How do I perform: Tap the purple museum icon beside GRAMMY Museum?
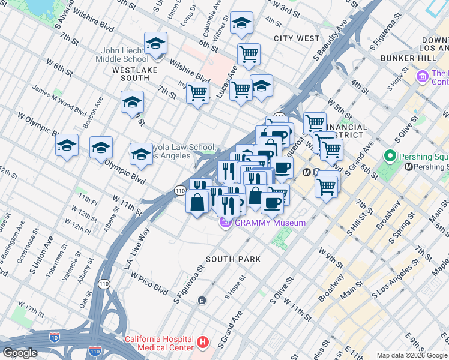(226, 223)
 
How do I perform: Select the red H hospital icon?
(203, 343)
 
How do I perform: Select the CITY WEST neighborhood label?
(297, 38)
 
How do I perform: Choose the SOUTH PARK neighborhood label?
(233, 259)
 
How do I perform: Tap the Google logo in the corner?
(20, 353)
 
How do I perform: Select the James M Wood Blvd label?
(59, 100)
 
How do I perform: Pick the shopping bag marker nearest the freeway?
(197, 202)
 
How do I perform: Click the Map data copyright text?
(412, 355)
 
